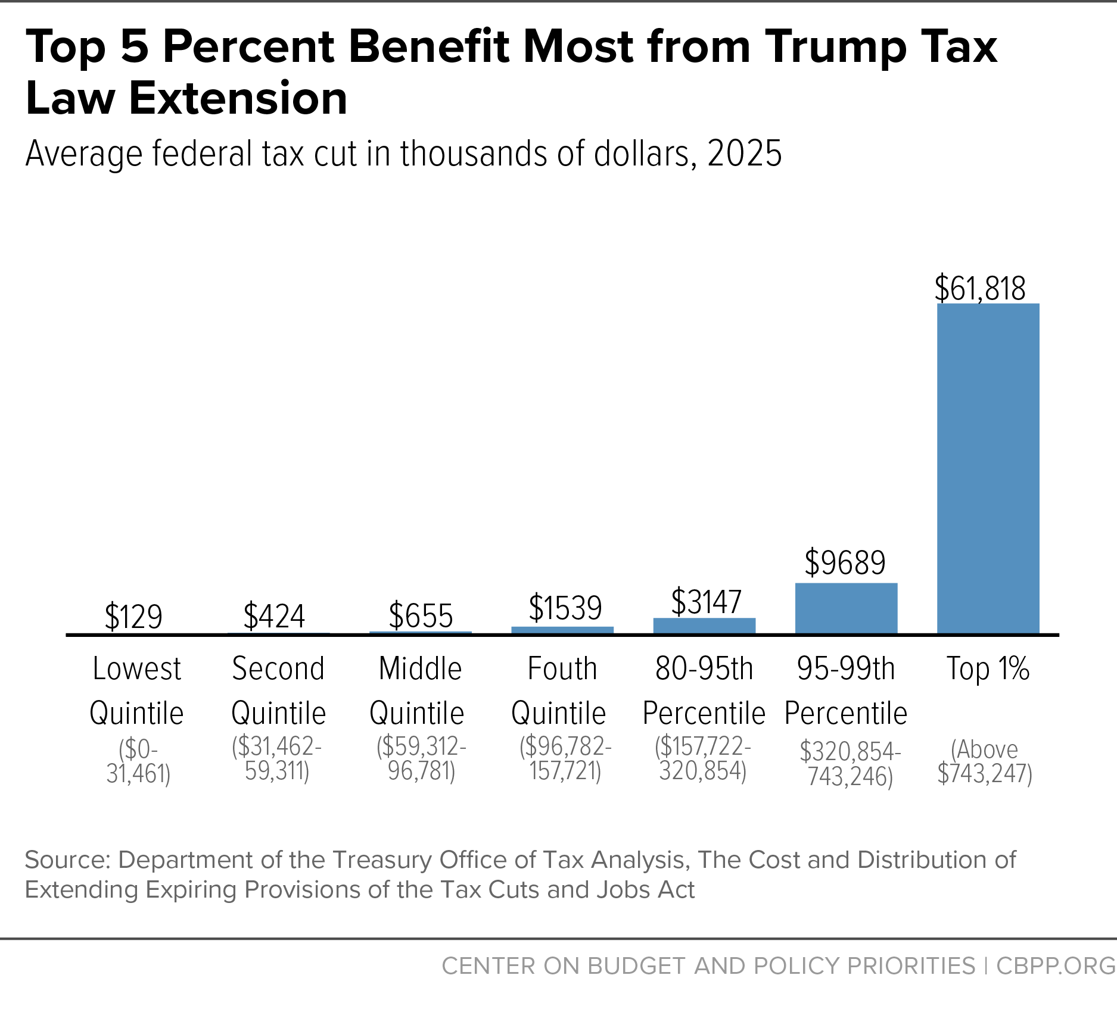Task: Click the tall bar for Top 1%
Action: (x=988, y=468)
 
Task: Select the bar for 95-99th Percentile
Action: (x=846, y=608)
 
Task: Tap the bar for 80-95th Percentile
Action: (x=704, y=626)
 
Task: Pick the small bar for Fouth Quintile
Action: (x=562, y=630)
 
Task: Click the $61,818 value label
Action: (x=980, y=289)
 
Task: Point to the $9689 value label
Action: (x=845, y=562)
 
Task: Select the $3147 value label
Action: (x=706, y=602)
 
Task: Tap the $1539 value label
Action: (x=565, y=608)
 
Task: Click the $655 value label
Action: (x=421, y=616)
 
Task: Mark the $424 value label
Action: (x=274, y=616)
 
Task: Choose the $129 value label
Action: (x=133, y=617)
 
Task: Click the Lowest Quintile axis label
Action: (x=136, y=690)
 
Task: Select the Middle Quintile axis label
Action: (x=419, y=690)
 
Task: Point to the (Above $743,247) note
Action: (x=984, y=761)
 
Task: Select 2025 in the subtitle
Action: (x=744, y=154)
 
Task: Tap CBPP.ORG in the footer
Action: (x=1055, y=965)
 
